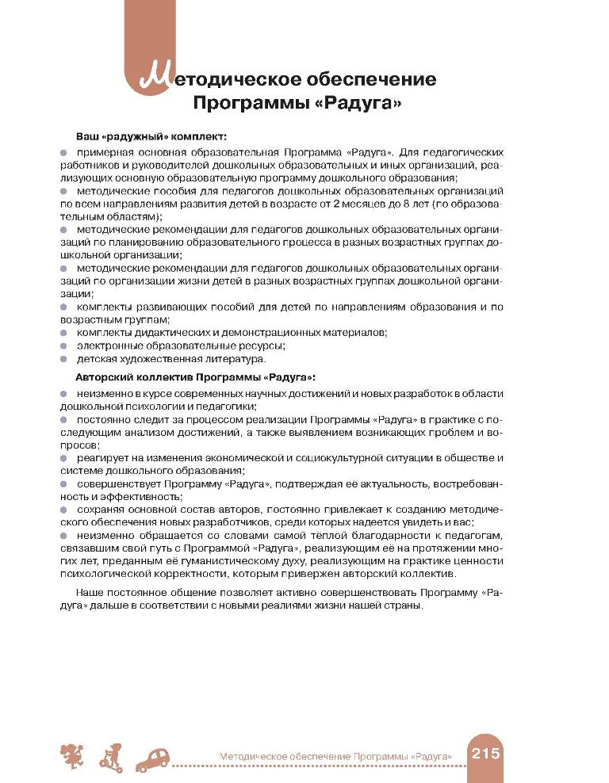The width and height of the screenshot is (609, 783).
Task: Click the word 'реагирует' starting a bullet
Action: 102,458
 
